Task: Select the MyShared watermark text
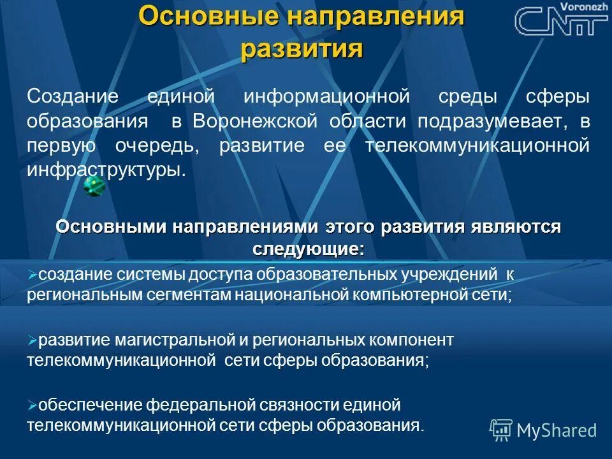pyautogui.click(x=557, y=430)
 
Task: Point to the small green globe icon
pyautogui.click(x=94, y=186)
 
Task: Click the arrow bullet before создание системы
pyautogui.click(x=33, y=275)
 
